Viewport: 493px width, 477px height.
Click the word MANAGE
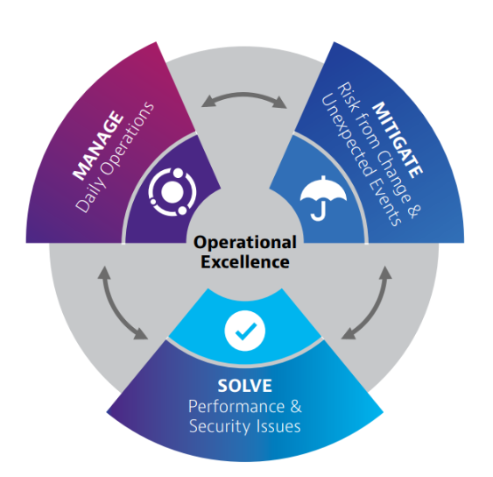98,146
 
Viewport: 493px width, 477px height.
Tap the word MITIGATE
398,139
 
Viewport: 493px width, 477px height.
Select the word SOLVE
244,386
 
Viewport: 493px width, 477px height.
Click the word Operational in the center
245,243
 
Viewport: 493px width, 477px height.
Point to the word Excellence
245,262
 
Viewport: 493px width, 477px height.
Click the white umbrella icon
323,198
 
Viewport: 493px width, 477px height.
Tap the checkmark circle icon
245,331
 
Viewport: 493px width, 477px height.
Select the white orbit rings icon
173,192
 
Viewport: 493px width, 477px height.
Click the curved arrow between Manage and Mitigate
244,95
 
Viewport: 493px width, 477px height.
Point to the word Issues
278,426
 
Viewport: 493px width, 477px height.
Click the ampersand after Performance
296,406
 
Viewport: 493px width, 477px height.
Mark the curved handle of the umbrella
318,213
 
